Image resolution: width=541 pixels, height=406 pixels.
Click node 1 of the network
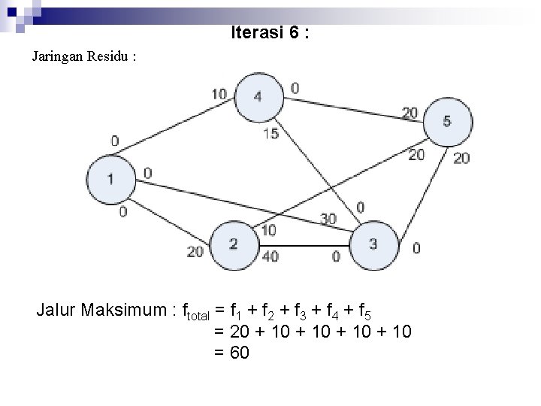pyautogui.click(x=110, y=179)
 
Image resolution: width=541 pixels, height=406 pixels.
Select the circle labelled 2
pyautogui.click(x=234, y=244)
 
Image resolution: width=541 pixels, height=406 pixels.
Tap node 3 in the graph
pyautogui.click(x=373, y=244)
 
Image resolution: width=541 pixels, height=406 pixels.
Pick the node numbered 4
pyautogui.click(x=258, y=96)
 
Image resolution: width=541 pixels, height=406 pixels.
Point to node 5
pyautogui.click(x=447, y=120)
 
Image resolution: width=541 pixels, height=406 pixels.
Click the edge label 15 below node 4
pyautogui.click(x=271, y=134)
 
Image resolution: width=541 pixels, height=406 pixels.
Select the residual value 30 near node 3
pyautogui.click(x=328, y=219)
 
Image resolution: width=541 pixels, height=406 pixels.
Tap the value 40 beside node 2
pyautogui.click(x=270, y=256)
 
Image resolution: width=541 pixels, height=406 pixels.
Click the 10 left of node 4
pyautogui.click(x=219, y=94)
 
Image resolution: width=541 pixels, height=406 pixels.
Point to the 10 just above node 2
pyautogui.click(x=269, y=229)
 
